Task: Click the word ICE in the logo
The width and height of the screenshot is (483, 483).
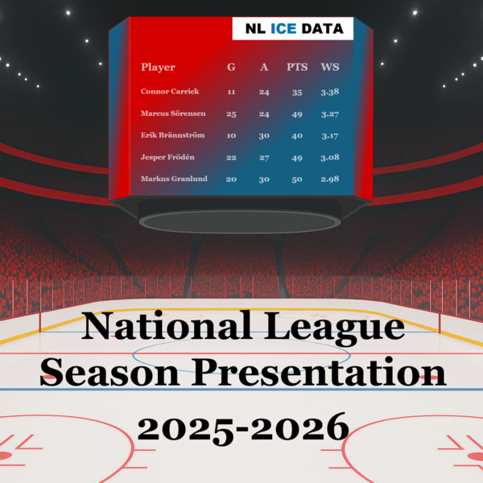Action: pos(283,29)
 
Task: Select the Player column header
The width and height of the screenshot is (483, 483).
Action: pos(158,67)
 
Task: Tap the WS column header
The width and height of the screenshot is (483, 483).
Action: pos(330,67)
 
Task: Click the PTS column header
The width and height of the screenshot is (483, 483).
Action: pos(297,67)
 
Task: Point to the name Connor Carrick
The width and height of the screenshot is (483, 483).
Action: pos(170,91)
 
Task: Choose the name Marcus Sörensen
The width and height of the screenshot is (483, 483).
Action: pos(173,114)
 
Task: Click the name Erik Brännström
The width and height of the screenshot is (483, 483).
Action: pos(172,135)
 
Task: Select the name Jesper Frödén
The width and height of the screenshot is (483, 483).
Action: pos(167,157)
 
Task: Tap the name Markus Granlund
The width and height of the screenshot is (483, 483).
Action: pos(174,179)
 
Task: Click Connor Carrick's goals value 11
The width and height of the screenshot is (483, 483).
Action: pos(231,92)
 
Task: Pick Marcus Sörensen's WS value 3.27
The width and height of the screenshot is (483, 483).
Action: pos(330,114)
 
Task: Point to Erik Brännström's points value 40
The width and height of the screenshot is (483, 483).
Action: pos(297,136)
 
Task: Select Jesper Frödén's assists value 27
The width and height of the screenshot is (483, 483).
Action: pos(264,158)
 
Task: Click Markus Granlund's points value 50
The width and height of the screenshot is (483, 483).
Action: pos(297,180)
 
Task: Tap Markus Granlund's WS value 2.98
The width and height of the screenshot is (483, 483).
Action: pos(330,179)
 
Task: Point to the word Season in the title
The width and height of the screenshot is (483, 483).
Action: pos(109,372)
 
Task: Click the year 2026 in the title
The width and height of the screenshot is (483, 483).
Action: pos(299,428)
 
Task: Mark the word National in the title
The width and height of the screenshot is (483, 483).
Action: pos(167,325)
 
